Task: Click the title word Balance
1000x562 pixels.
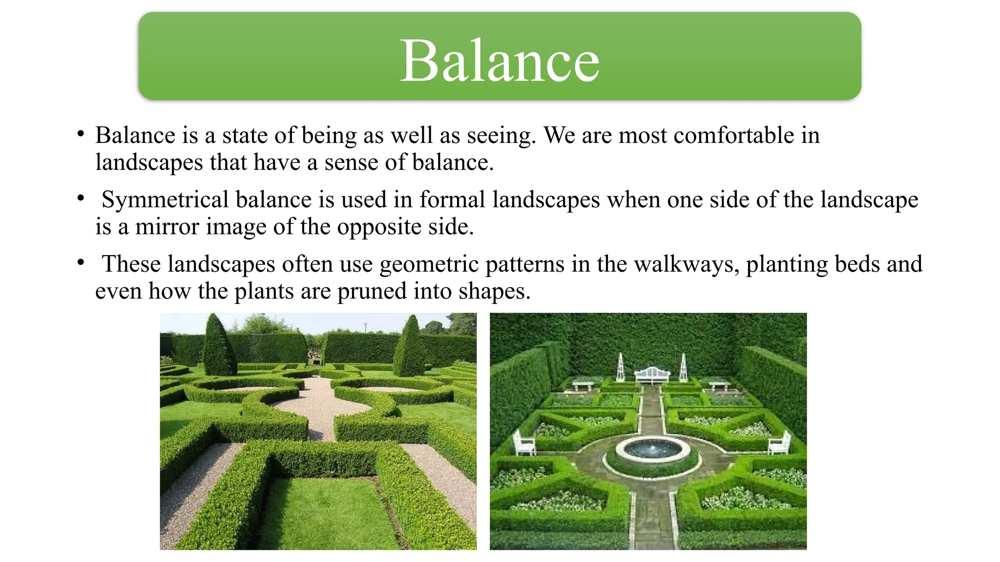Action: pos(500,61)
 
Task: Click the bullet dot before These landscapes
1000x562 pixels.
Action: pos(81,263)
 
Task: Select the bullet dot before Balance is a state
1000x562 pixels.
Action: pos(81,134)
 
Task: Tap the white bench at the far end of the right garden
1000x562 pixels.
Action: pos(652,375)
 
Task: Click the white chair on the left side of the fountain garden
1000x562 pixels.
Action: pos(523,443)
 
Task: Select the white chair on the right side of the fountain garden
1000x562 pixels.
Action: pos(780,443)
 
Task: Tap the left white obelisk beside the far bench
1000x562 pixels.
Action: pos(620,367)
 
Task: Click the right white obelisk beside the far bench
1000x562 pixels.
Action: pos(684,367)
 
